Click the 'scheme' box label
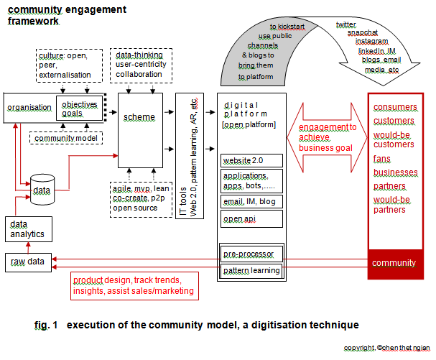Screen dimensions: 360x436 (140, 117)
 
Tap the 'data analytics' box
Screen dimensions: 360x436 (27, 229)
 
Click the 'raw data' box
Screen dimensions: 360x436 (27, 262)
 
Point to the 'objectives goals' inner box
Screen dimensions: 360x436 (79, 109)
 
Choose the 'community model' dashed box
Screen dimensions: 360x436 (65, 137)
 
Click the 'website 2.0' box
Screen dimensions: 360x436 (251, 160)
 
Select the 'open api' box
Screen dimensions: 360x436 (251, 218)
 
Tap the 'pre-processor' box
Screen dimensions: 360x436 (251, 254)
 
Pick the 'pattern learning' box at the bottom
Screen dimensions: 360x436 (251, 270)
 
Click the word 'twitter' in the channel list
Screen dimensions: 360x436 (345, 24)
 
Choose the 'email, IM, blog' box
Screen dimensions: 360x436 (251, 201)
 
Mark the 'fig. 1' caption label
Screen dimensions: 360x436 (45, 326)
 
